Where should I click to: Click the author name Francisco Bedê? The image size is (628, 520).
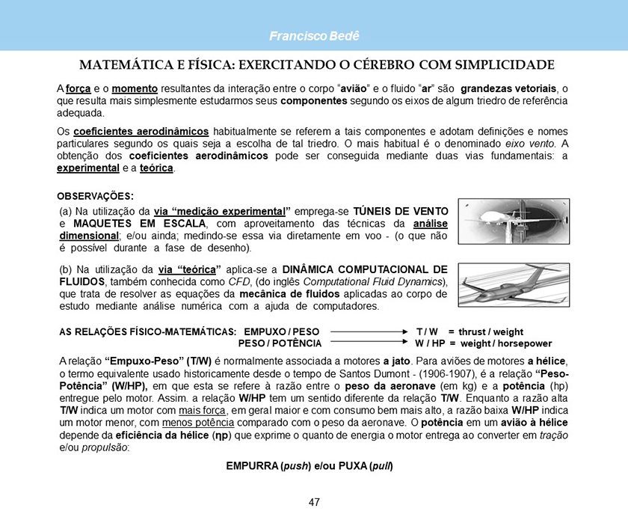tap(313, 37)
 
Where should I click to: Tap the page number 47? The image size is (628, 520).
tap(314, 502)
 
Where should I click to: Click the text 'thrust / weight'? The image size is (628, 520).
tap(490, 331)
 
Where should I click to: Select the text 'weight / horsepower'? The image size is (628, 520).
tap(505, 343)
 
